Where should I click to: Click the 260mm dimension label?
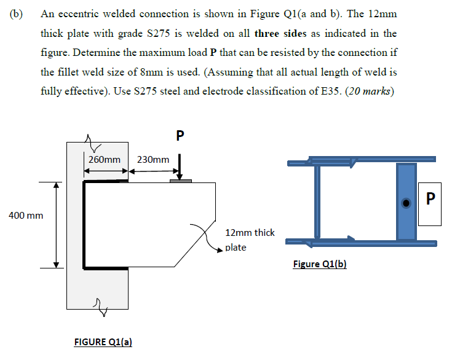105,160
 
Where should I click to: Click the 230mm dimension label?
153,160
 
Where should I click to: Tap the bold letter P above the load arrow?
180,135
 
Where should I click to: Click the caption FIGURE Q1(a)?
101,342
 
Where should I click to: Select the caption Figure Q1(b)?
320,264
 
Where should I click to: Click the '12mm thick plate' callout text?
250,240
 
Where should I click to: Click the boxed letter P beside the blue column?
429,198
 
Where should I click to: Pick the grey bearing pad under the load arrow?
181,181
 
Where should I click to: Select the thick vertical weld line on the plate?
84,225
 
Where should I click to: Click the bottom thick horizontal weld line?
106,268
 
